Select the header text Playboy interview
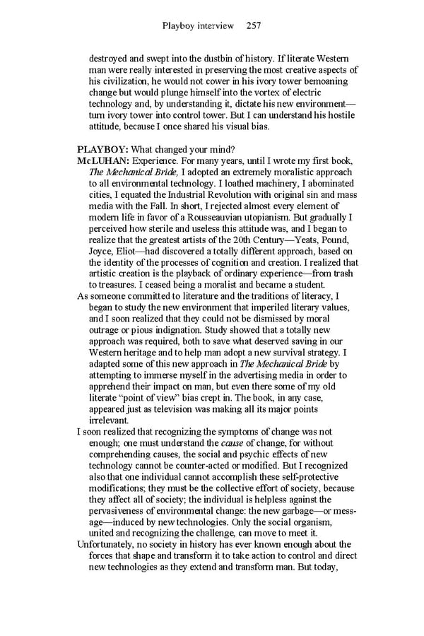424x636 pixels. click(x=198, y=26)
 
